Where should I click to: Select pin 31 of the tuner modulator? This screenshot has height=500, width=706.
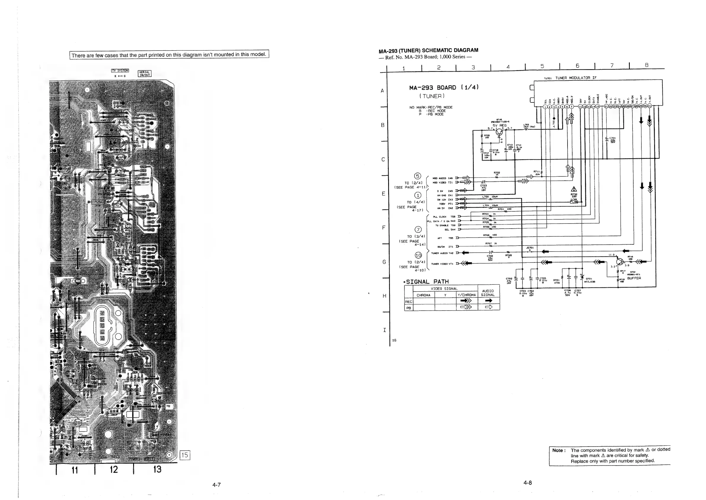click(x=649, y=107)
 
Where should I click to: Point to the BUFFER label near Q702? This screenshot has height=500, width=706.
click(x=634, y=278)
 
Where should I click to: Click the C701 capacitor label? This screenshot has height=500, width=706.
click(x=612, y=138)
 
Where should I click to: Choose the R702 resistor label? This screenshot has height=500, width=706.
click(x=497, y=173)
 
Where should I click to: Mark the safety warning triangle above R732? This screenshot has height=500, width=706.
click(x=574, y=189)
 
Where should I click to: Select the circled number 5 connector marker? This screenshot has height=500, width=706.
click(x=417, y=176)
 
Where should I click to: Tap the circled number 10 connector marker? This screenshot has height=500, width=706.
click(x=418, y=255)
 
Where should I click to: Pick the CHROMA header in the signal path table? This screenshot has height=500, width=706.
click(x=423, y=295)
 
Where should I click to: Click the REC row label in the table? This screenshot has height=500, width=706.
click(x=409, y=302)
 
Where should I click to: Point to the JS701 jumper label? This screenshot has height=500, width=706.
click(x=530, y=248)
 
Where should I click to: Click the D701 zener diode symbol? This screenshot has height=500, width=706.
click(x=582, y=277)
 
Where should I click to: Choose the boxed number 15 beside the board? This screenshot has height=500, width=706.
click(x=185, y=455)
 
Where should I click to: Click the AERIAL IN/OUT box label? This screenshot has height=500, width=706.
click(x=145, y=74)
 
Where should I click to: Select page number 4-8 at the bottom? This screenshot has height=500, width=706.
click(x=528, y=483)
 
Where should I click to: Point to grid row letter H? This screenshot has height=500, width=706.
click(x=384, y=296)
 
